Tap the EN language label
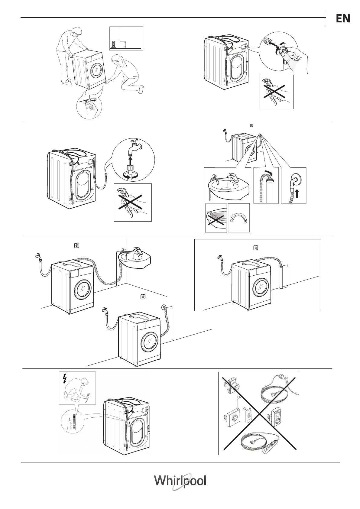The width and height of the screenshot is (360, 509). (343, 19)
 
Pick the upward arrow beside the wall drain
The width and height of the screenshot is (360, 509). (298, 193)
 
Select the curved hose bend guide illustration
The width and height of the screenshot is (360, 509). (239, 218)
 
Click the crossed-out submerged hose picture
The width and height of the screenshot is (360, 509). (216, 218)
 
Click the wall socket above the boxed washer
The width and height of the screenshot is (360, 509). (255, 248)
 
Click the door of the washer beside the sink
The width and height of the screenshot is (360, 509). (83, 288)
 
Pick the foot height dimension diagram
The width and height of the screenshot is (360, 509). (126, 38)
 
